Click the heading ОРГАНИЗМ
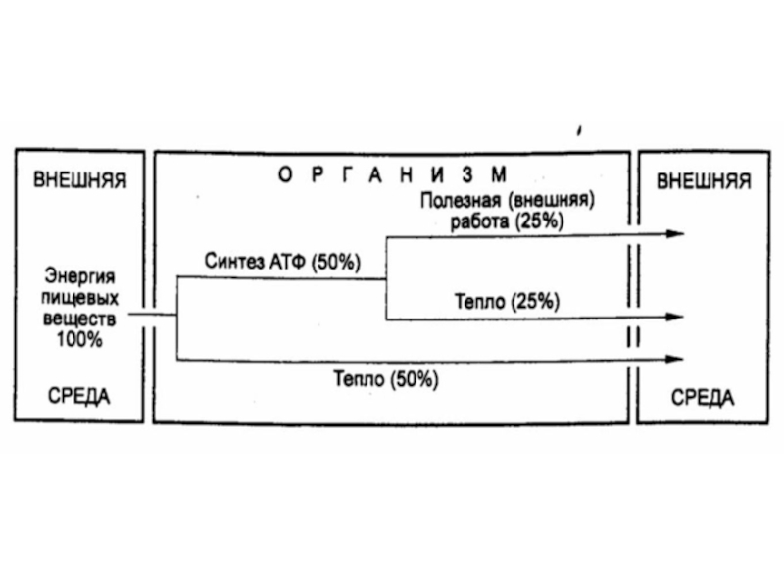pyautogui.click(x=391, y=175)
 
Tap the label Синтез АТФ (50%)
pyautogui.click(x=282, y=262)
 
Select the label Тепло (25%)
pyautogui.click(x=507, y=301)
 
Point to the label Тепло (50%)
pyautogui.click(x=385, y=378)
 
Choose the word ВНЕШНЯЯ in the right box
pyautogui.click(x=704, y=181)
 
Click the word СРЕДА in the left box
pyautogui.click(x=79, y=397)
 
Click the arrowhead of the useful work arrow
pyautogui.click(x=674, y=234)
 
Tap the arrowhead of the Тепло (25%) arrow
pyautogui.click(x=674, y=318)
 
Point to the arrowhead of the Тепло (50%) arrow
pyautogui.click(x=674, y=359)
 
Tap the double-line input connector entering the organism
pyautogui.click(x=152, y=317)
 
